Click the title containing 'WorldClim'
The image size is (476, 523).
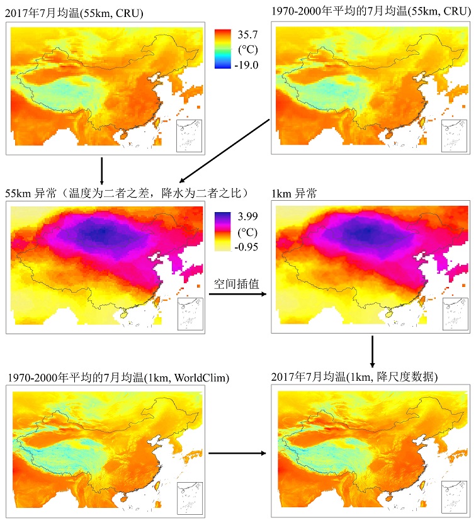(x=118, y=378)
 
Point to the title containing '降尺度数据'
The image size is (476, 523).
(x=355, y=377)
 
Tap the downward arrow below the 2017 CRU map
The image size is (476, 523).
(x=101, y=169)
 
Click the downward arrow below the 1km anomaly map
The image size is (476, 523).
(x=373, y=351)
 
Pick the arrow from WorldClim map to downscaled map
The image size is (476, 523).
(x=235, y=453)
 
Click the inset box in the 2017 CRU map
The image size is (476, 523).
(x=190, y=135)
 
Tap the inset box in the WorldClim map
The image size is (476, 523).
(x=190, y=498)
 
